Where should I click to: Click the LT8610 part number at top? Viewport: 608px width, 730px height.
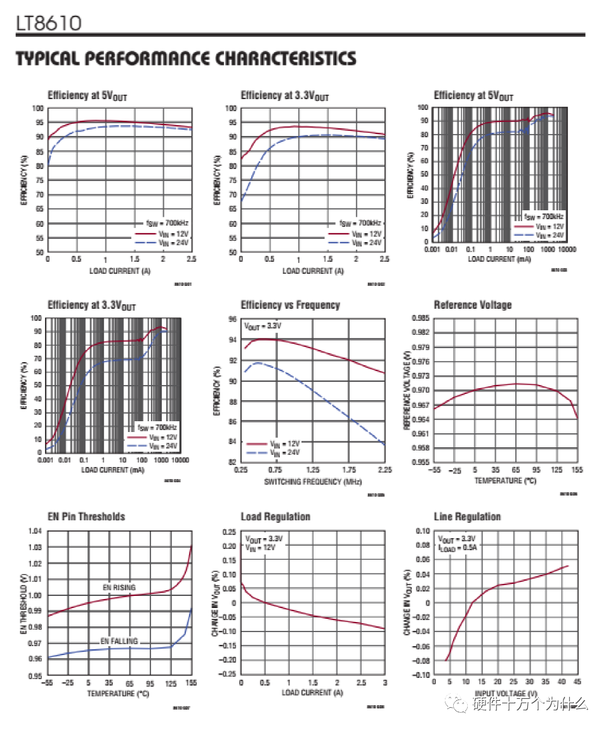49,24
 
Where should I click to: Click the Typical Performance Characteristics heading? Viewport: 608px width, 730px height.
185,59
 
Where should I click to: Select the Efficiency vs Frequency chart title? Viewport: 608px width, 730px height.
290,305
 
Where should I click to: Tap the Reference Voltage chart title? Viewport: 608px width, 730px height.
472,305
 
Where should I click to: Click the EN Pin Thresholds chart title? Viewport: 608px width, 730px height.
86,517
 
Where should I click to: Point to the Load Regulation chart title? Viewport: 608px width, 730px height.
275,517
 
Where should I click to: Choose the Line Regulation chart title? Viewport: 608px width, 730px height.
467,517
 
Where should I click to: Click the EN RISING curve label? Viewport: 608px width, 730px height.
119,587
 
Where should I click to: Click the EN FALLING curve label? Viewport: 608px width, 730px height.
119,641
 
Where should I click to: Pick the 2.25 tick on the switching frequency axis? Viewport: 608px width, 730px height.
385,470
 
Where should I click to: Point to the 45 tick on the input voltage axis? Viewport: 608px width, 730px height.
578,682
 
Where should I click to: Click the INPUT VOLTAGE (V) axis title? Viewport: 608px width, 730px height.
506,693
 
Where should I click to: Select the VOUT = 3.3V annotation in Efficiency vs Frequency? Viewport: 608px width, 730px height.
263,325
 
